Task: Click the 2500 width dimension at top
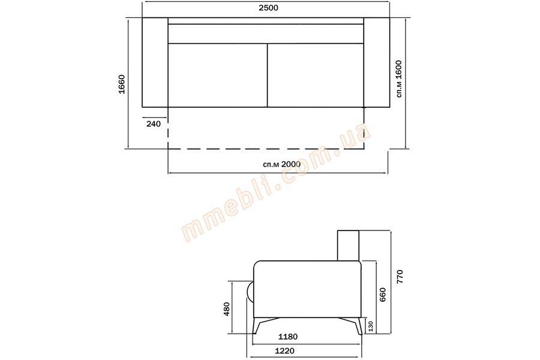pos(268,8)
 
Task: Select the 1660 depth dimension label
pos(122,84)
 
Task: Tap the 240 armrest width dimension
pos(153,124)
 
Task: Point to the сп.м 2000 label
pos(281,164)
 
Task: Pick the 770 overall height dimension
pos(400,277)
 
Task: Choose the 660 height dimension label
pos(383,294)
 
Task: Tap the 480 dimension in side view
pos(226,309)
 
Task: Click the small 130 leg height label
pos(371,326)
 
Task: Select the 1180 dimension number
pos(288,337)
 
